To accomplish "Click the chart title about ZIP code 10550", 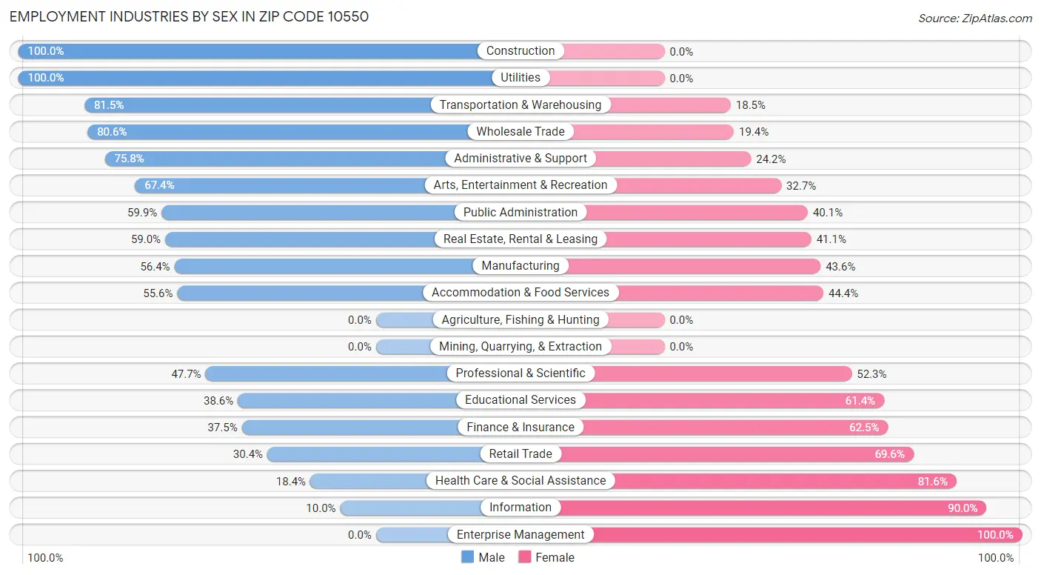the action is (x=189, y=17).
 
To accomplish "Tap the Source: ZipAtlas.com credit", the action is (x=975, y=18).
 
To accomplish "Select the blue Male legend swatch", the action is (x=467, y=557).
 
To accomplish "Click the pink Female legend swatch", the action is (x=525, y=557).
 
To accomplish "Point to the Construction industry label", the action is (x=520, y=50).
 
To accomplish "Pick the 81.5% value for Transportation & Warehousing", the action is (x=109, y=105).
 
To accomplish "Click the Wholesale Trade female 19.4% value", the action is (x=753, y=132).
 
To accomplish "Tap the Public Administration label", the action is (x=520, y=212).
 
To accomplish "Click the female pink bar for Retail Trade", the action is (x=737, y=453).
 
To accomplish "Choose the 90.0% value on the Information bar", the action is (x=963, y=508).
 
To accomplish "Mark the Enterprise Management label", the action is (x=520, y=534).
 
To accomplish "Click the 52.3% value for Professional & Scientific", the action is (x=871, y=374).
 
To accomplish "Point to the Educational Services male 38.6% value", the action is (x=218, y=401).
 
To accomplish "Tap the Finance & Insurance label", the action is (x=520, y=427).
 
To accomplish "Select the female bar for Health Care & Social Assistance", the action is (x=786, y=481).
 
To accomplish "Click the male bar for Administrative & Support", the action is (x=275, y=159).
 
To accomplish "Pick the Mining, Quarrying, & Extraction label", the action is (x=520, y=347).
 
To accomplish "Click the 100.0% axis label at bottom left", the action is (x=45, y=557).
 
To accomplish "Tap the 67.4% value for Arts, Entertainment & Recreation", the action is (x=159, y=185).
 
